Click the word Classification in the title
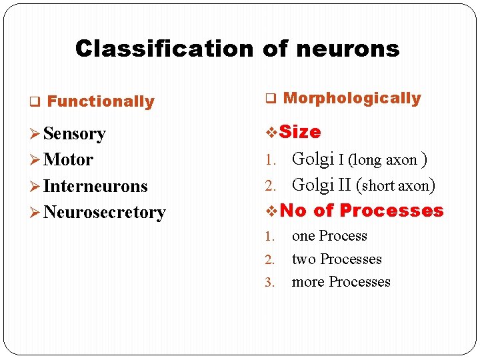coord(164,49)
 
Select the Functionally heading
coord(101,102)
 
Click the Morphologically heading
coord(352,99)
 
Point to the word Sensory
coord(75,133)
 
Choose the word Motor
coord(68,160)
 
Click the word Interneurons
coord(95,186)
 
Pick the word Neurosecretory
coord(104,212)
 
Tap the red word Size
coord(300,132)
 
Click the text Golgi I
coord(317,159)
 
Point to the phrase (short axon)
coord(397,185)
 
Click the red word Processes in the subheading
coord(391,211)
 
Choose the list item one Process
coord(329,236)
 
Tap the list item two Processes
coord(337,259)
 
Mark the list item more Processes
coord(341,282)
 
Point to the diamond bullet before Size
coord(271,133)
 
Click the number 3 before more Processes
coord(268,283)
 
